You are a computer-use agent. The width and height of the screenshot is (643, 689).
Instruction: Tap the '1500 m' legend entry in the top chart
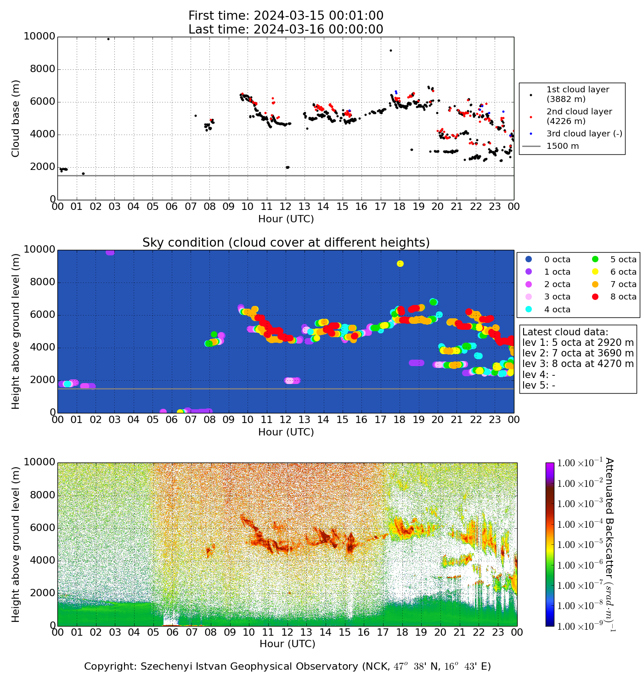point(563,147)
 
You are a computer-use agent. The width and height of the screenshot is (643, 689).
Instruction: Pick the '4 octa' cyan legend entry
point(557,310)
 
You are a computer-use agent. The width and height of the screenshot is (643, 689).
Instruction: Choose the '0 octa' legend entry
point(557,260)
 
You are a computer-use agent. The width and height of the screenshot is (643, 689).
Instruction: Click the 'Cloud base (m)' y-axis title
point(16,119)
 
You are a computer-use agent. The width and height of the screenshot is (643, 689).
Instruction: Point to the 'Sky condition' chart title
point(286,243)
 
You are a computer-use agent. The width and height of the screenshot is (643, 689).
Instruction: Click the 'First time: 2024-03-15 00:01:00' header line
point(286,16)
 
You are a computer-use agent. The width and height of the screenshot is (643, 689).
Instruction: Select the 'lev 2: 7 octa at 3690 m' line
point(578,353)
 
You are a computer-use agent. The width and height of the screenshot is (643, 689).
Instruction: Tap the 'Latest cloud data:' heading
point(565,332)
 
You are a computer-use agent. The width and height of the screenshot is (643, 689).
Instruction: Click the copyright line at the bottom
point(288,666)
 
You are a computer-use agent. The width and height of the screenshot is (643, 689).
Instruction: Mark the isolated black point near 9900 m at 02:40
point(108,39)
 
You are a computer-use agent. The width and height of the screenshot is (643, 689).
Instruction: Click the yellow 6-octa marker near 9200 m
point(400,264)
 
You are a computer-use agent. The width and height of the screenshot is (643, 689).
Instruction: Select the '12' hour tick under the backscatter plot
point(287,633)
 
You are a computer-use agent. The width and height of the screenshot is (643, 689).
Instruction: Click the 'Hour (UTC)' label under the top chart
point(286,219)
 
